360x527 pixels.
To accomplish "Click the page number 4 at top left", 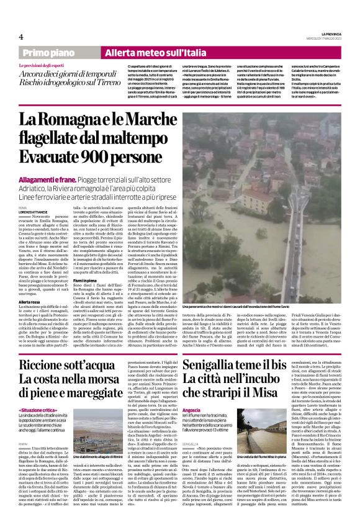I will [x=21, y=37].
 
